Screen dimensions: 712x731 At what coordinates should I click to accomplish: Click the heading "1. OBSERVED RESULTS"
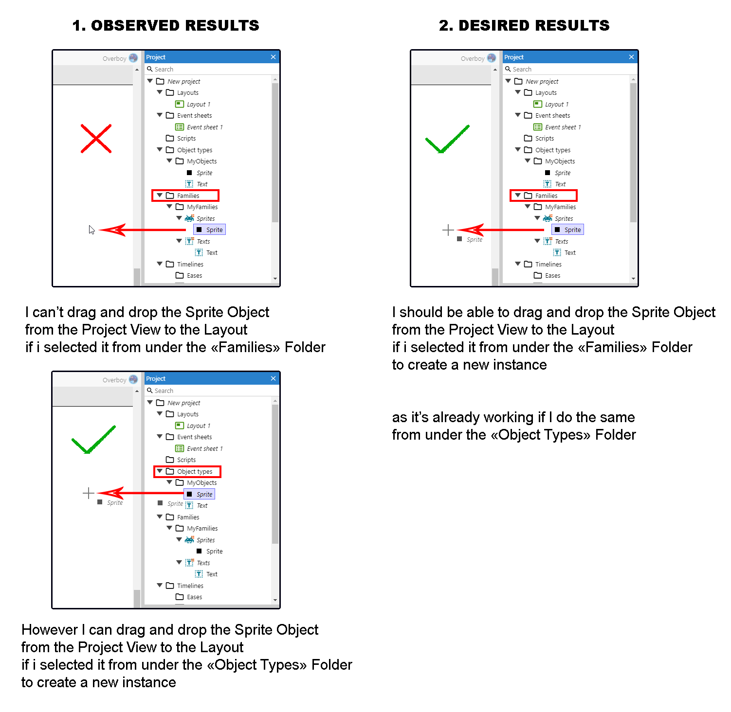(165, 25)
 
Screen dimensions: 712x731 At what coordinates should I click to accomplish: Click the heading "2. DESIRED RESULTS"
(524, 25)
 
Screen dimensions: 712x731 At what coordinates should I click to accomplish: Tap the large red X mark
(96, 139)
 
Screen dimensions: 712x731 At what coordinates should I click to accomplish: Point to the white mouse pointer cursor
(91, 230)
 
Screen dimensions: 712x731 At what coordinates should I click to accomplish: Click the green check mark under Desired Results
(447, 140)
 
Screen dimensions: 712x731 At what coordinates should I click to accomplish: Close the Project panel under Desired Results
(631, 57)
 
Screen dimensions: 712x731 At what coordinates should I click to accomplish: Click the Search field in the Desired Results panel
(565, 69)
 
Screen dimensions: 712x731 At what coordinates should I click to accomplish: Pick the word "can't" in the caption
(48, 312)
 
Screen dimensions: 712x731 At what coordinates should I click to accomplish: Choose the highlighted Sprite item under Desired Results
(567, 230)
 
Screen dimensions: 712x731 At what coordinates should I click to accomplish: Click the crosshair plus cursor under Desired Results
(448, 230)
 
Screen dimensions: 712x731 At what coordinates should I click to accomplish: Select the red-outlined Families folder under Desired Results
(543, 196)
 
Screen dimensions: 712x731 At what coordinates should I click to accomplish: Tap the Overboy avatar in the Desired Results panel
(492, 58)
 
